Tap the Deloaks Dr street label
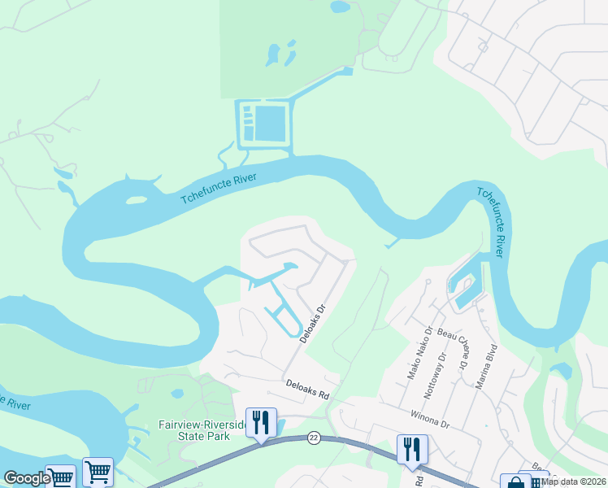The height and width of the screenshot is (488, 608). [x=312, y=324]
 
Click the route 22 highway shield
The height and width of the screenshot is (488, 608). [x=313, y=438]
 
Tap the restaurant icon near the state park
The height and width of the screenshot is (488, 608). [x=261, y=422]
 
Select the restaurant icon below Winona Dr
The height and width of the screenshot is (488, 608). [x=412, y=449]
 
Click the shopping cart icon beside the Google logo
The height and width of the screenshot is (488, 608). [x=97, y=471]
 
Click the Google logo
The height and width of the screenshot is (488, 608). [x=26, y=478]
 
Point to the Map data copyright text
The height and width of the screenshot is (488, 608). [x=574, y=481]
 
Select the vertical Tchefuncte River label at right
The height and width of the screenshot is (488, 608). [x=491, y=222]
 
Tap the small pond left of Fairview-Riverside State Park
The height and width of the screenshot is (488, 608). [x=175, y=394]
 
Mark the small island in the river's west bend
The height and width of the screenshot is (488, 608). [x=137, y=199]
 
